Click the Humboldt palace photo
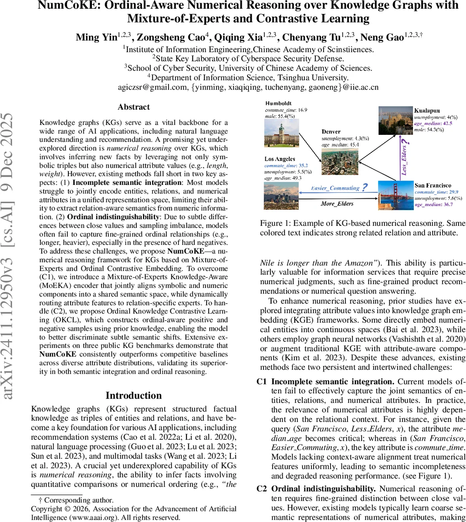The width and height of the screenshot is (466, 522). [x=281, y=134]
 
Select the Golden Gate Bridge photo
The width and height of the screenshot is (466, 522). [x=395, y=195]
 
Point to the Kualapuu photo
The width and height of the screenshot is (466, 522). [x=395, y=120]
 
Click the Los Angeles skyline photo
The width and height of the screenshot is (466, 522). [x=281, y=196]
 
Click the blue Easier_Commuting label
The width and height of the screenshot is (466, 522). [x=335, y=188]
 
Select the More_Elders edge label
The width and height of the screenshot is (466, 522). [x=337, y=203]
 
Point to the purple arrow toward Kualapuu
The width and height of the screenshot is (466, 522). [x=396, y=157]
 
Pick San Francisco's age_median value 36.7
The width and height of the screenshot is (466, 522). [x=446, y=204]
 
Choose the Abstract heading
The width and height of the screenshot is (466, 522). [x=134, y=107]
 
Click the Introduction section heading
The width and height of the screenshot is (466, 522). [x=134, y=395]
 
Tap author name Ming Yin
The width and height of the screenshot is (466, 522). [x=96, y=37]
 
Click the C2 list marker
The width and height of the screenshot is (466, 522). [x=261, y=489]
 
